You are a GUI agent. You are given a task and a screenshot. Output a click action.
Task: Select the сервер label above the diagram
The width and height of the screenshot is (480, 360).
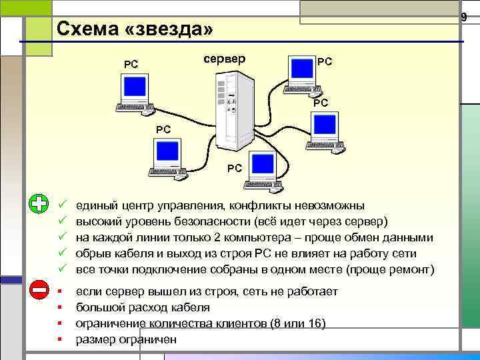coord(223,59)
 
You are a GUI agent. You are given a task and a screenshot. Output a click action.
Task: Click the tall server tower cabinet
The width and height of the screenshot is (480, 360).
coord(233,110)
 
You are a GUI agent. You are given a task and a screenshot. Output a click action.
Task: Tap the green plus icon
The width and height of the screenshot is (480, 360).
coord(39,205)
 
